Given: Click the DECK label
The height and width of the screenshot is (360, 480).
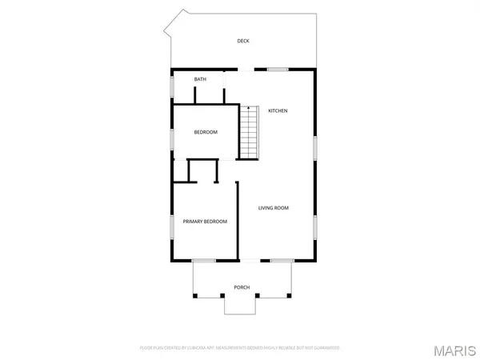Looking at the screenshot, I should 243,41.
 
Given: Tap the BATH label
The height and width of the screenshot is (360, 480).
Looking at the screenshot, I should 199,79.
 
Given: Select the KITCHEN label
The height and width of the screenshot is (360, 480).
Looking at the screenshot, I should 278,110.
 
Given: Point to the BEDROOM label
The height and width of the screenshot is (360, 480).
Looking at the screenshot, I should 206,132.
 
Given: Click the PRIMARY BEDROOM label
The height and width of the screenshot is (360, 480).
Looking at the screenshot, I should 205,222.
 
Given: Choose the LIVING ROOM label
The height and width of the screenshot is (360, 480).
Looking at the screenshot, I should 273,208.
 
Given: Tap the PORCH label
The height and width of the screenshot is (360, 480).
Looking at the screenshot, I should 241,287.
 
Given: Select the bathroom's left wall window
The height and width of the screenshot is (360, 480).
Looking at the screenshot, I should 170,86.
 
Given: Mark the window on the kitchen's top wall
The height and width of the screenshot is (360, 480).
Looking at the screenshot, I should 277,69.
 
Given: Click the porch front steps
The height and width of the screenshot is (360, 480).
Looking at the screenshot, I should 241,305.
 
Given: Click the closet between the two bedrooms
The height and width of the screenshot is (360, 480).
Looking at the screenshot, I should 202,170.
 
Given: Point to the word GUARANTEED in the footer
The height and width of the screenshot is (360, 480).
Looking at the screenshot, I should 328,348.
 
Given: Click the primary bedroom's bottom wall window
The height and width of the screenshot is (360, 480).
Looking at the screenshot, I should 204,261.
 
